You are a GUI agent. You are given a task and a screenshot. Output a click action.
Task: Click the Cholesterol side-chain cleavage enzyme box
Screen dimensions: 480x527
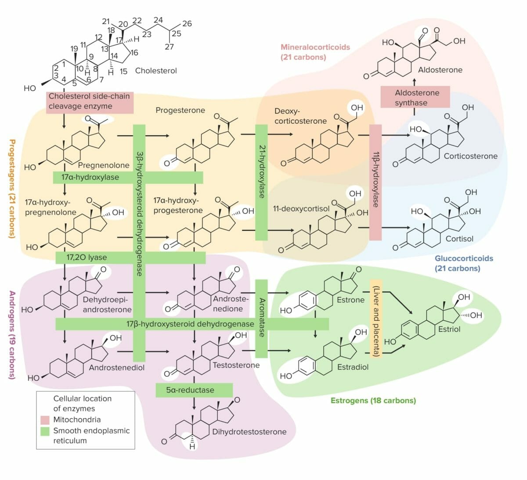(x=90, y=101)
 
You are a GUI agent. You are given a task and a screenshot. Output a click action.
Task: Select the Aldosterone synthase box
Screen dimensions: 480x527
(x=415, y=97)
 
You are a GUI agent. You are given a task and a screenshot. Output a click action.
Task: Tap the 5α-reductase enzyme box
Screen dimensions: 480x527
(x=194, y=390)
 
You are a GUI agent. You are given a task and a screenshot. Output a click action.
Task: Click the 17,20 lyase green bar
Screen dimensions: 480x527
(x=130, y=258)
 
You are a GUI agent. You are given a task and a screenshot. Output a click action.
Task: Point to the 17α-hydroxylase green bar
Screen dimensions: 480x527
(x=128, y=177)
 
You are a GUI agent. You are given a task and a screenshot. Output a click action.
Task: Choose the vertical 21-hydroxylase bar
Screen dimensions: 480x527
(x=261, y=182)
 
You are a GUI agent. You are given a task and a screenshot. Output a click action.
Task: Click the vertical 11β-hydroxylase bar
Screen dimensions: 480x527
(x=375, y=182)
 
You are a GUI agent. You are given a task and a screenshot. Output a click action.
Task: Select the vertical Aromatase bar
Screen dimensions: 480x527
(x=261, y=318)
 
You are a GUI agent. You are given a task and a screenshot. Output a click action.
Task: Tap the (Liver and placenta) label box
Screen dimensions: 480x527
(x=376, y=318)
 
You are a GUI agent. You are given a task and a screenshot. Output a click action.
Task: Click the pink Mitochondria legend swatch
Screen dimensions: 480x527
(x=45, y=420)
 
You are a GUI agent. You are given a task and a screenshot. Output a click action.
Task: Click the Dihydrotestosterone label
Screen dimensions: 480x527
(x=249, y=432)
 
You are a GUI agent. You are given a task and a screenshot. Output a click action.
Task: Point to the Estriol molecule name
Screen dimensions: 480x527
(x=449, y=329)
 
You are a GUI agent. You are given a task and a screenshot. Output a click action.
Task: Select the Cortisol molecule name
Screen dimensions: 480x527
(x=459, y=239)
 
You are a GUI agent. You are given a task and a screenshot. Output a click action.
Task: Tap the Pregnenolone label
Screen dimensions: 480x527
(x=104, y=165)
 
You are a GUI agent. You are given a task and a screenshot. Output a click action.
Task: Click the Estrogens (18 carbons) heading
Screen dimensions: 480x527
(x=373, y=400)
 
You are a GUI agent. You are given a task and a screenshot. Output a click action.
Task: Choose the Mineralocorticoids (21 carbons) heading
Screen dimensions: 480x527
(x=315, y=52)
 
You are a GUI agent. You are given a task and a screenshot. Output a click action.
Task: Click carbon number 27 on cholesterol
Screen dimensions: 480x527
(x=169, y=47)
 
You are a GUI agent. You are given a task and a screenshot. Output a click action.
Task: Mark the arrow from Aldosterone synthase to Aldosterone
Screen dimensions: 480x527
(x=415, y=82)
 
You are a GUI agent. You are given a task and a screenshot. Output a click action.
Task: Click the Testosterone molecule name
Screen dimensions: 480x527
(x=236, y=365)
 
